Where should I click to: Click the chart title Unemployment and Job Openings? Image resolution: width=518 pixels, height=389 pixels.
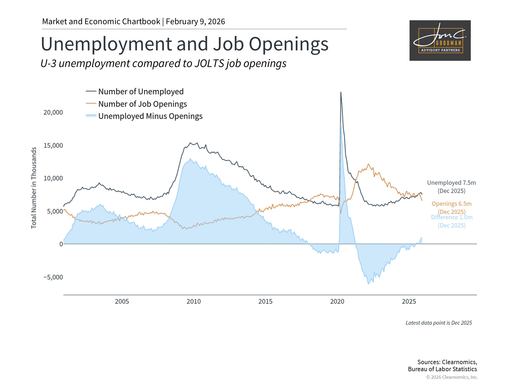[185, 44]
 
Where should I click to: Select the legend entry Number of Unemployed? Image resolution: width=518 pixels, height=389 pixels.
[141, 92]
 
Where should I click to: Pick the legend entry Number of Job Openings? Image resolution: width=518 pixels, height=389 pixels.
[142, 104]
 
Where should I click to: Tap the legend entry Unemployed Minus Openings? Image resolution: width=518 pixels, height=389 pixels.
[150, 116]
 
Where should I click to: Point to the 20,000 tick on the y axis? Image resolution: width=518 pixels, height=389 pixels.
[53, 112]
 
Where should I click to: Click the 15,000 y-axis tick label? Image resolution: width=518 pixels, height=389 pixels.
[53, 146]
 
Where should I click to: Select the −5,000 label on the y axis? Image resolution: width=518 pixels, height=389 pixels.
[53, 277]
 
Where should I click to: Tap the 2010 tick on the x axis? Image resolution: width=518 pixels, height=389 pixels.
[194, 301]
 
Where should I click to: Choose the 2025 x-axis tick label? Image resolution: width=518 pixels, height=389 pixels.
[409, 301]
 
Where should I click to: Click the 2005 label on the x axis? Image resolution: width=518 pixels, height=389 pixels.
[122, 301]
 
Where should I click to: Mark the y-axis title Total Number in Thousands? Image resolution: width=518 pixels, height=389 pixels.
[34, 188]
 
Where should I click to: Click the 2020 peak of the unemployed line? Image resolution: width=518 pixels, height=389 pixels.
[341, 93]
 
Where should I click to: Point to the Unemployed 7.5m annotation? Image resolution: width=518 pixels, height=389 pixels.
[451, 183]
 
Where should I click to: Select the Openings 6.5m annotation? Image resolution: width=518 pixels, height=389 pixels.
[451, 204]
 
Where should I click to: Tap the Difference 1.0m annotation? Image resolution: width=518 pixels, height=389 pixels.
[452, 217]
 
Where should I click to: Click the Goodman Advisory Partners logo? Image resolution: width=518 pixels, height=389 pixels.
[440, 41]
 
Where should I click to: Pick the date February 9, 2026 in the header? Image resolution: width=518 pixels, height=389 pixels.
[195, 22]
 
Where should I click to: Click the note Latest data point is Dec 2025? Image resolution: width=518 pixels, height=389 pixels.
[439, 323]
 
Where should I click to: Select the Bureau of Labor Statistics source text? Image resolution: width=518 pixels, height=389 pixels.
[442, 369]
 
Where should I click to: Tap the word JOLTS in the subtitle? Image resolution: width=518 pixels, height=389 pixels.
[209, 64]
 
